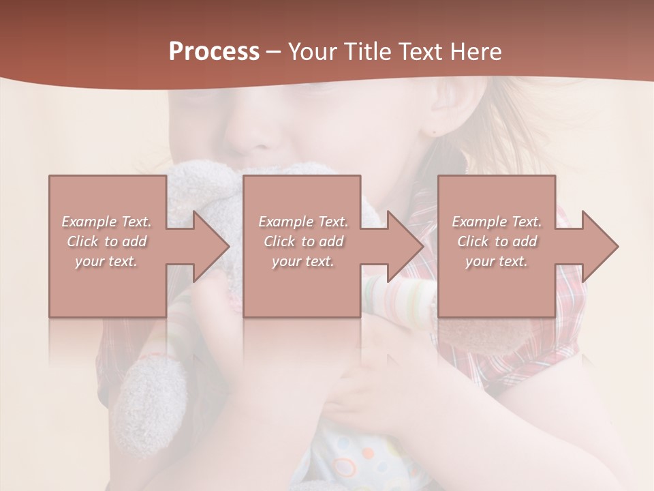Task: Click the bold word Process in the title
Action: point(214,52)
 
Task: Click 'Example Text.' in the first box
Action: point(107,222)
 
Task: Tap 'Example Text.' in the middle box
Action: point(303,222)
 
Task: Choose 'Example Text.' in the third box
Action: point(497,222)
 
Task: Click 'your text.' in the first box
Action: point(106,261)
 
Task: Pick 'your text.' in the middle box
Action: point(302,261)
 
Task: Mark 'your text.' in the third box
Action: point(496,261)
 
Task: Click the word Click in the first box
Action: point(82,241)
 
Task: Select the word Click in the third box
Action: point(473,241)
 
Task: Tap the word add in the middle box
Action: point(331,241)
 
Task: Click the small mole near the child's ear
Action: point(433,129)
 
